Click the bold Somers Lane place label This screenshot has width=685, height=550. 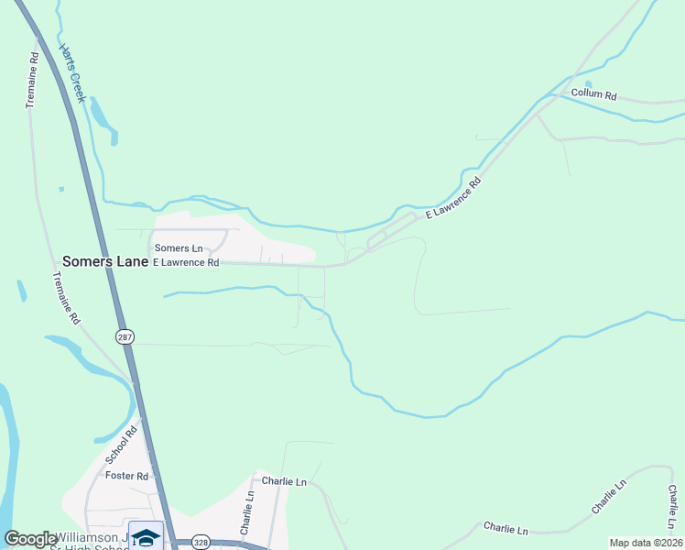coord(105,262)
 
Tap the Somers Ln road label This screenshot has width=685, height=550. coord(179,248)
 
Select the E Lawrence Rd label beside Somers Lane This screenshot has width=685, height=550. coord(186,262)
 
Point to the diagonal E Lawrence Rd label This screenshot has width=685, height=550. coord(453,198)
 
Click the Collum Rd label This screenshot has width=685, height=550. coord(594,94)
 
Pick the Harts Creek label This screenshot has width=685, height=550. coord(72,72)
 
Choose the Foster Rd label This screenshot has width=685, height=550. coord(127,476)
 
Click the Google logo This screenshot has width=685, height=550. coord(29,539)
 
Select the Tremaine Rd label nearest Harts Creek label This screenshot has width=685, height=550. coord(31,80)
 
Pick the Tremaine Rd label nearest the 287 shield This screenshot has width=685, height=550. coord(66,299)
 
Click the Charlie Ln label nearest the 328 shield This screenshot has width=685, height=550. coord(245,511)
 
